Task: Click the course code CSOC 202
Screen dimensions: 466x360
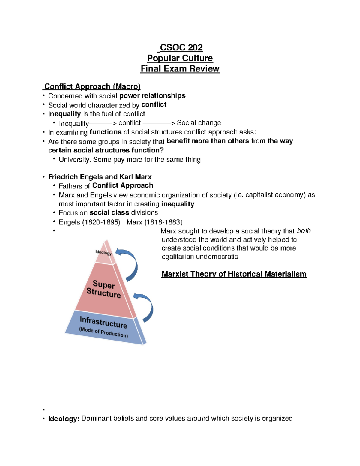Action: pyautogui.click(x=181, y=47)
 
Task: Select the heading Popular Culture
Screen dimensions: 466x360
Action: pyautogui.click(x=180, y=58)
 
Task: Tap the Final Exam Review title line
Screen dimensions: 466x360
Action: pyautogui.click(x=180, y=69)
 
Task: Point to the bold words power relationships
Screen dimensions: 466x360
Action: pyautogui.click(x=152, y=96)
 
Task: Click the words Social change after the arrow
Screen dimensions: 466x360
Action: pyautogui.click(x=199, y=123)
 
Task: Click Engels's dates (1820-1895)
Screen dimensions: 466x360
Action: pyautogui.click(x=101, y=222)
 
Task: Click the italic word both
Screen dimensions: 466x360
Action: pyautogui.click(x=304, y=231)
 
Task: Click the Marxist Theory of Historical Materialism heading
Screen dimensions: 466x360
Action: pyautogui.click(x=234, y=274)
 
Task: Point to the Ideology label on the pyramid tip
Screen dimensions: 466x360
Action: pyautogui.click(x=103, y=252)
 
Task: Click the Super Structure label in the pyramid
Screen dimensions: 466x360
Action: pyautogui.click(x=103, y=289)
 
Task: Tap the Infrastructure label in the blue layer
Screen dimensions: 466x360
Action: pyautogui.click(x=103, y=322)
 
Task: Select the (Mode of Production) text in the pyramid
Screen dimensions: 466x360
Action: pyautogui.click(x=103, y=332)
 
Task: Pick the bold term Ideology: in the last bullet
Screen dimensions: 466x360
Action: pyautogui.click(x=64, y=419)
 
